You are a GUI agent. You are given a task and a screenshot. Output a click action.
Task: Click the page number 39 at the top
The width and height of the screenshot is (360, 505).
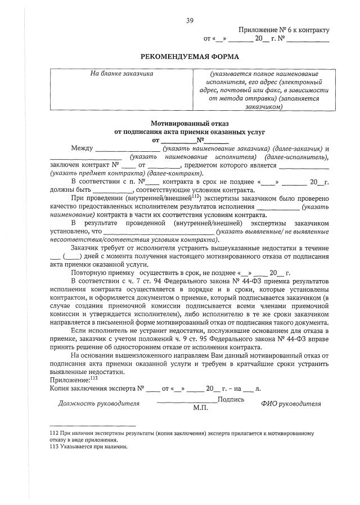coord(190,21)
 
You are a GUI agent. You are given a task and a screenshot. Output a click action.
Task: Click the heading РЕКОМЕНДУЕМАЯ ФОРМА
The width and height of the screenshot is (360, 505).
coord(190,56)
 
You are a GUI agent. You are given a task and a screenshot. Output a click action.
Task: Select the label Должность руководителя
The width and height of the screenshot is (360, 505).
coord(99,403)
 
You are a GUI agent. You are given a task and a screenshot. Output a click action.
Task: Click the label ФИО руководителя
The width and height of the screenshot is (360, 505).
coord(291,403)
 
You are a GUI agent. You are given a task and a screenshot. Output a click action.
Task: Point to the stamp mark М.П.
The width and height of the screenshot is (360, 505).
coord(201,407)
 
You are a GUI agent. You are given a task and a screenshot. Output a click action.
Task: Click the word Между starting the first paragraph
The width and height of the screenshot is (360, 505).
coord(82,148)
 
